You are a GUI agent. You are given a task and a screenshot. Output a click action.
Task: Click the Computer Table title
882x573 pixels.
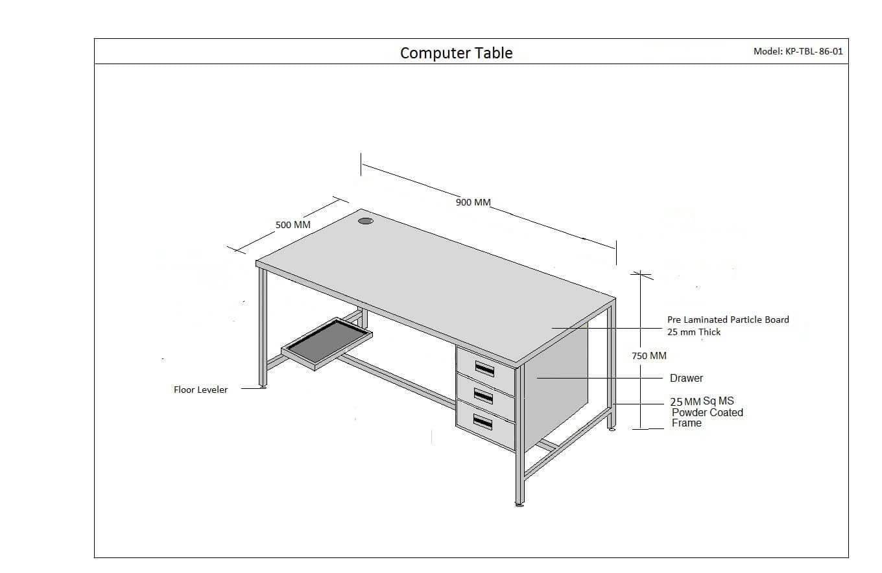point(456,53)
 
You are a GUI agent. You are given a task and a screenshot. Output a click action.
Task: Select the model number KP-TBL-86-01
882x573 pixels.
point(798,51)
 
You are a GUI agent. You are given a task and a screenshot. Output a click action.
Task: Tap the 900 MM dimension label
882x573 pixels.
point(473,202)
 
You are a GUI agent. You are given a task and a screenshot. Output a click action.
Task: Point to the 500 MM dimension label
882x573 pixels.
point(293,225)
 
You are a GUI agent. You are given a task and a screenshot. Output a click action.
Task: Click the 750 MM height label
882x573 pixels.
point(649,355)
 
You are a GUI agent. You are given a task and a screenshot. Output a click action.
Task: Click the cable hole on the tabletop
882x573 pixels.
point(366,221)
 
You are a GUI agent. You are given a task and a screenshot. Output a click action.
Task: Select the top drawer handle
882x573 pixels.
point(484,369)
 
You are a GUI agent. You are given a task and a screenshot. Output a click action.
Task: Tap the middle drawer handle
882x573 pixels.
point(484,395)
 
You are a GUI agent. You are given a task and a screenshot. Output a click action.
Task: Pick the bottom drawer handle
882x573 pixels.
point(483,423)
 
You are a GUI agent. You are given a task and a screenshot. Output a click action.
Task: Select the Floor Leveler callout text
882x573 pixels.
point(200,390)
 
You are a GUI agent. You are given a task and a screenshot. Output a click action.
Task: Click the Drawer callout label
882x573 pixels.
point(686,378)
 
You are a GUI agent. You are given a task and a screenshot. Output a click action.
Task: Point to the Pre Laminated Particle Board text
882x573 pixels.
point(728,320)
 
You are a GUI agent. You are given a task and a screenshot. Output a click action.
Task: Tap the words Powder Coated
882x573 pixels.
point(707,412)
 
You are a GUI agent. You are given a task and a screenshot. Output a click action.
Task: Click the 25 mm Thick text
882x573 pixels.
point(693,332)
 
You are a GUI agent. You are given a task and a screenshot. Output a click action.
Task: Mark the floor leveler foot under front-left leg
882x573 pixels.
point(263,387)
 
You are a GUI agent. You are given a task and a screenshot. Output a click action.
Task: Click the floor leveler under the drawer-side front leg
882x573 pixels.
point(519,503)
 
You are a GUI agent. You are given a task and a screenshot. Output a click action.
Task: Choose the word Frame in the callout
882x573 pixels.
point(686,423)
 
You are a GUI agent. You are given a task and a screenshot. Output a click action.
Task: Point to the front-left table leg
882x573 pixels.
point(263,324)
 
